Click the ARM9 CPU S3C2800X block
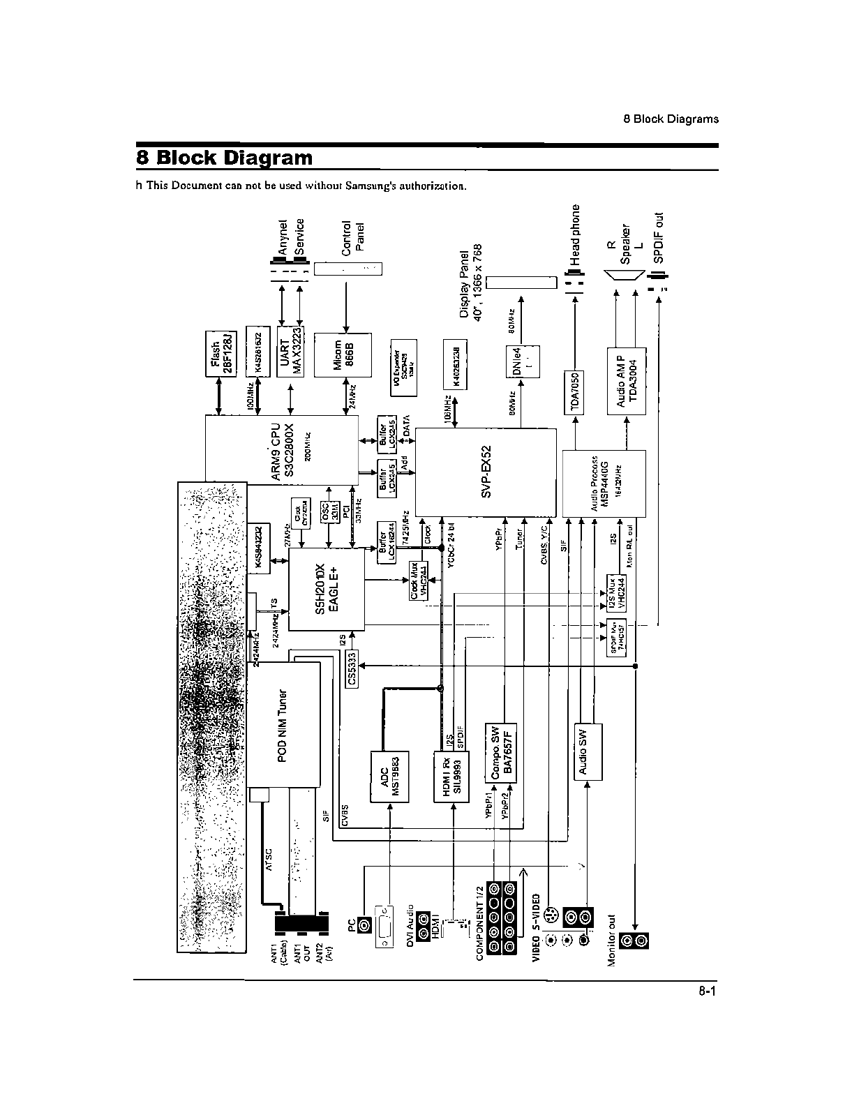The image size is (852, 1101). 282,450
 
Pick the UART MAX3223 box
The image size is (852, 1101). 291,352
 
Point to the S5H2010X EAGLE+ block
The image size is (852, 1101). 327,588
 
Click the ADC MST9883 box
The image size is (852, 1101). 389,776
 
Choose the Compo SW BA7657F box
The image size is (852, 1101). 501,754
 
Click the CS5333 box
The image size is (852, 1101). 352,668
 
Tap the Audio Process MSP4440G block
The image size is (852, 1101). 604,483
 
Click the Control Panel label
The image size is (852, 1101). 353,237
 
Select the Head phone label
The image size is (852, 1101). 575,234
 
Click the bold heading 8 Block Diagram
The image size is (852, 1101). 225,157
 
